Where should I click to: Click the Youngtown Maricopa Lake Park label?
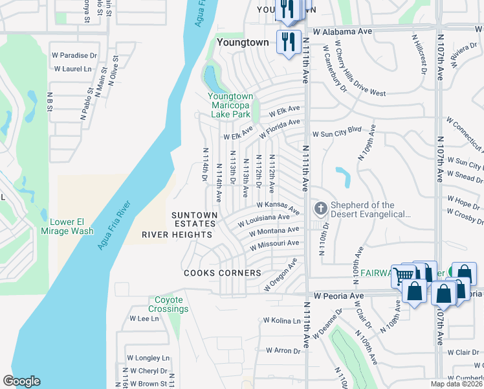(x=229, y=105)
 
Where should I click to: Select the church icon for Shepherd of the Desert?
(x=320, y=209)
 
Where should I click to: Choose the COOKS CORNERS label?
(x=222, y=273)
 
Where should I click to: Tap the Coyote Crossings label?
(x=171, y=304)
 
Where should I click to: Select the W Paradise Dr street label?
(x=75, y=56)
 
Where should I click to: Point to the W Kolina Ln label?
(x=281, y=320)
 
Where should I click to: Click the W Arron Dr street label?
(x=278, y=351)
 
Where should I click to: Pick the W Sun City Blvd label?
(x=336, y=134)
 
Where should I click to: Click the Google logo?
(x=21, y=381)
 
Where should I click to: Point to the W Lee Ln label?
(x=144, y=318)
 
